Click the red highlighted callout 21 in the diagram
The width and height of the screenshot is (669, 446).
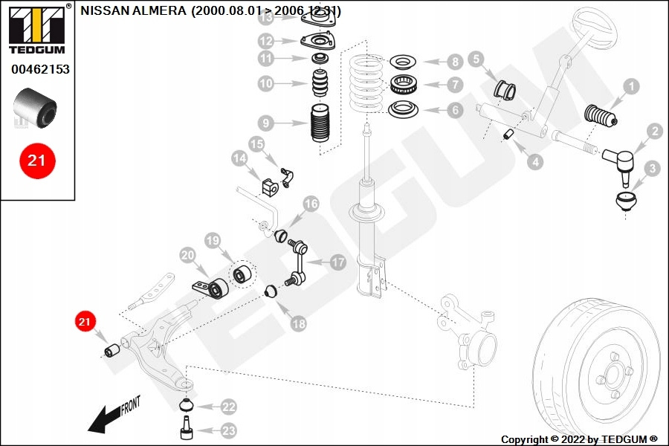coord(84,321)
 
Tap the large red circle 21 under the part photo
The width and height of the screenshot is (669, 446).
coord(37,160)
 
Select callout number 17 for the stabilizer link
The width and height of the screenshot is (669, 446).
coord(337,262)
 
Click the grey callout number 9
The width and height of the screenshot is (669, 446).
coord(265,123)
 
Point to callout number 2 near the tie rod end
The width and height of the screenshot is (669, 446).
coord(653,132)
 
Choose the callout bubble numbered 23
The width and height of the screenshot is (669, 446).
coord(227,430)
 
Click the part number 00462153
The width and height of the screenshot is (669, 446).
coord(40,69)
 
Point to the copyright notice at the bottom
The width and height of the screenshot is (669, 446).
coord(579,439)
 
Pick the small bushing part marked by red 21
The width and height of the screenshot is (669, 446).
coord(113,349)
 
